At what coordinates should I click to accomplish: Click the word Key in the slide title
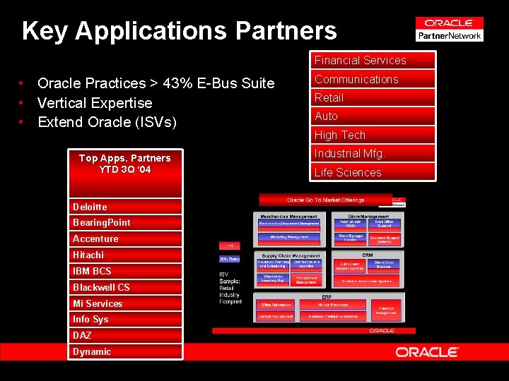click(45, 30)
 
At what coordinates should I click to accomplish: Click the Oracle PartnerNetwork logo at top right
click(449, 29)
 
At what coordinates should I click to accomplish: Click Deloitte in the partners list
click(125, 207)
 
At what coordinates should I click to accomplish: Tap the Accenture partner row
click(125, 238)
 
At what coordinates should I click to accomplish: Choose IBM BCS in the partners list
click(125, 271)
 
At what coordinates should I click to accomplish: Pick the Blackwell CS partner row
click(125, 287)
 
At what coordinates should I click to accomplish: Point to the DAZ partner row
click(125, 335)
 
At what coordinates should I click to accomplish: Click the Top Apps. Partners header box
click(125, 164)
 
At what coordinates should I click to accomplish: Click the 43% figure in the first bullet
click(175, 83)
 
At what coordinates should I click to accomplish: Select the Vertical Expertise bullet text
click(95, 103)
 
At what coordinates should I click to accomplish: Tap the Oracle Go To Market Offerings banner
click(325, 200)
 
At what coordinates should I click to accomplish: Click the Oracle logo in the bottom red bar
click(427, 351)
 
